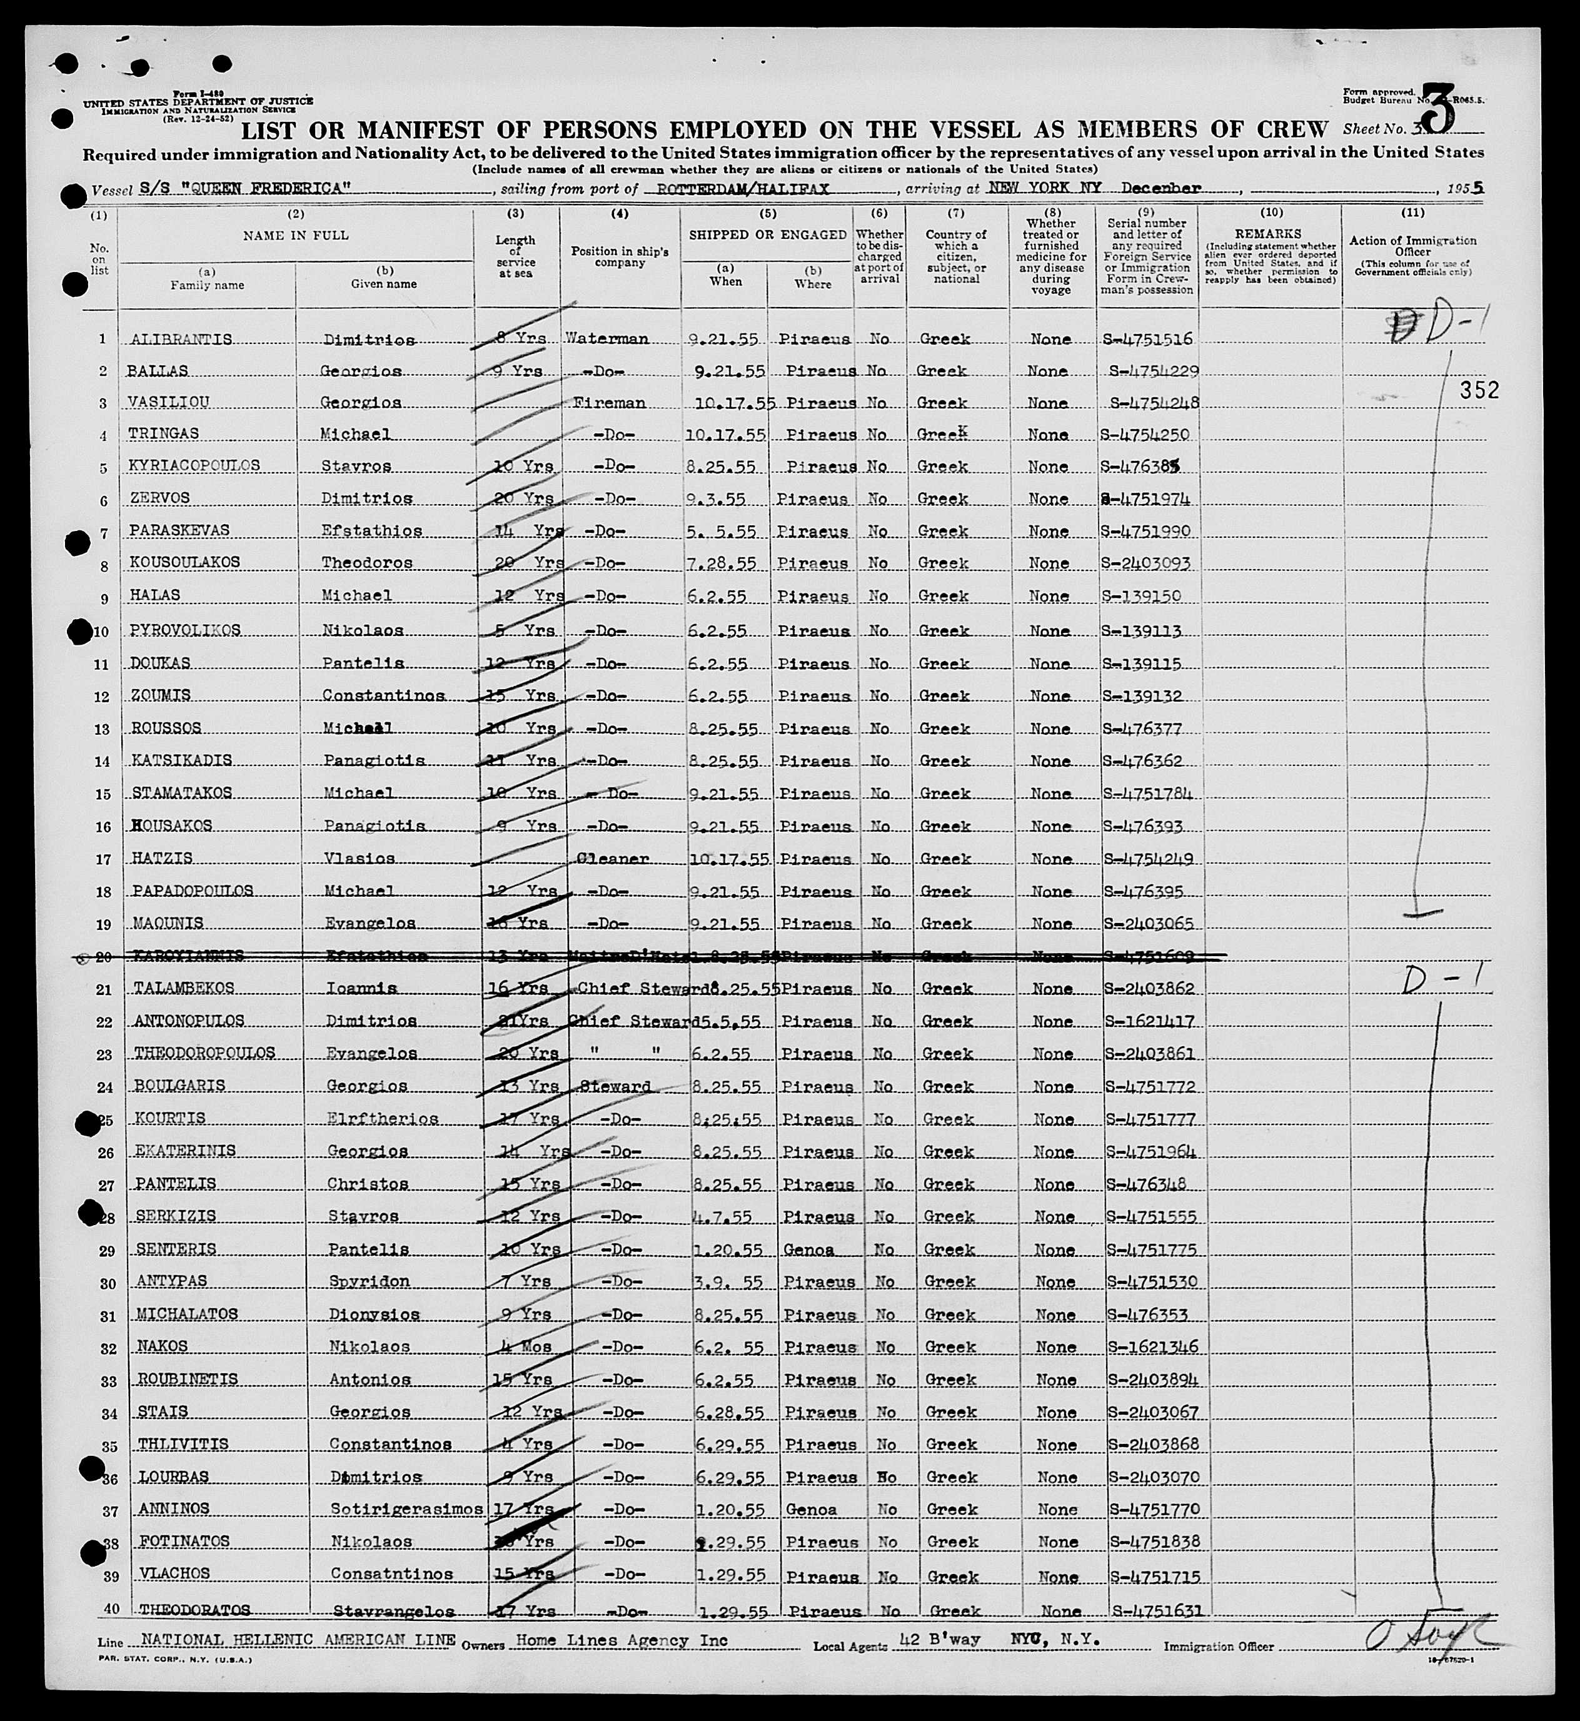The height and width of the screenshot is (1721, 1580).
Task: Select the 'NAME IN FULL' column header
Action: click(x=296, y=235)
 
